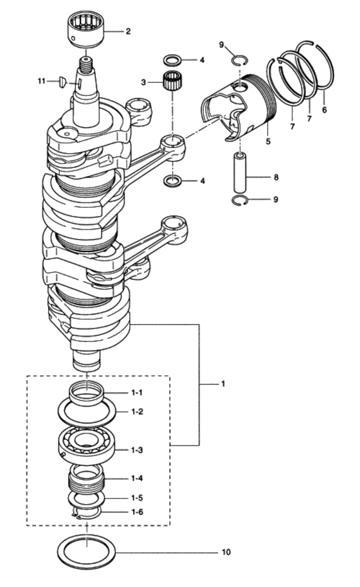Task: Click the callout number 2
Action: [127, 31]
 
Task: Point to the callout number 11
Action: [42, 81]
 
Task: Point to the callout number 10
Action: [226, 552]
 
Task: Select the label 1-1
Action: [138, 392]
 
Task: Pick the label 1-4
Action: [138, 479]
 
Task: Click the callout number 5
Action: [267, 140]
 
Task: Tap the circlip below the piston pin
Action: [240, 201]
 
